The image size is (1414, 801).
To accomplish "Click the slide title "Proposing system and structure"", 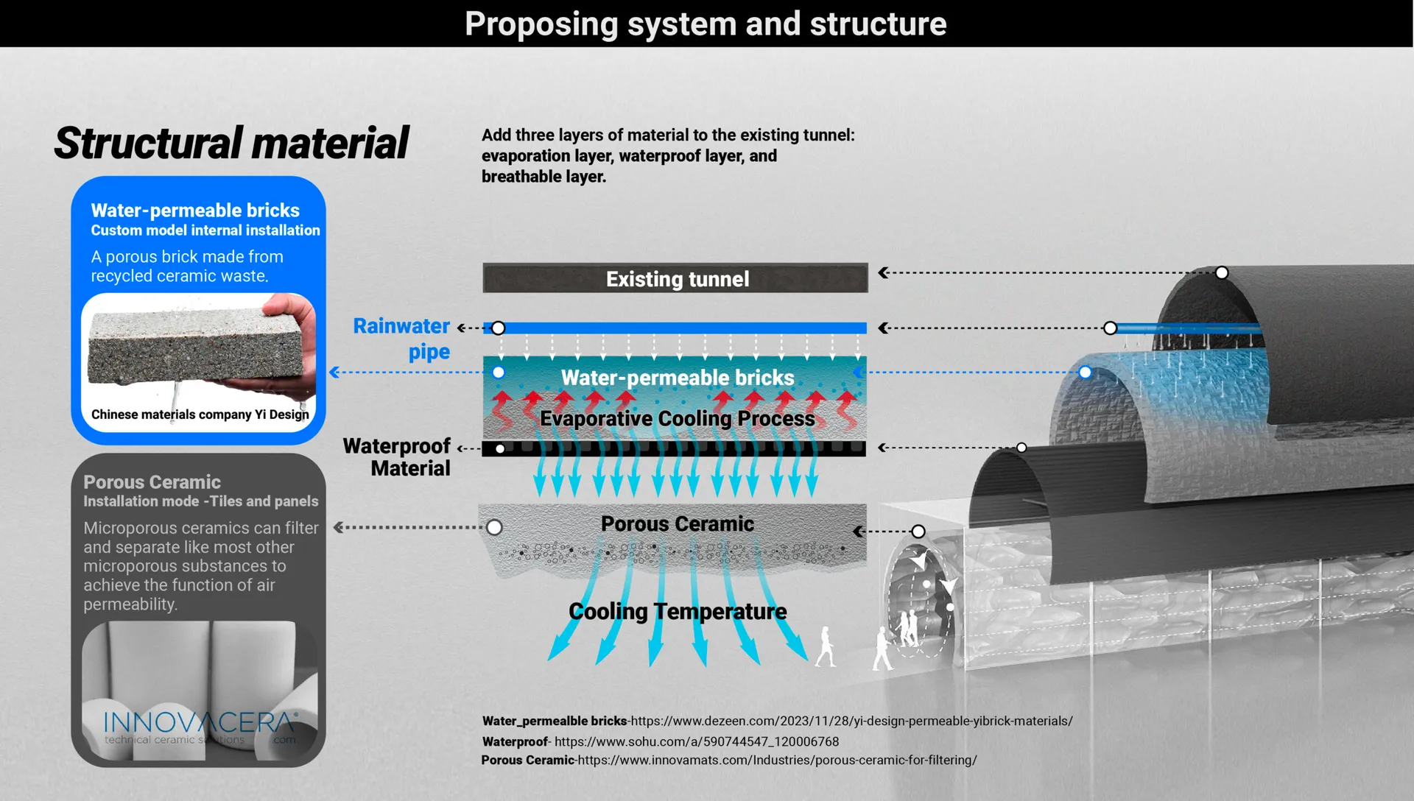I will point(705,24).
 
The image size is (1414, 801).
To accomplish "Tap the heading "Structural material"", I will point(231,143).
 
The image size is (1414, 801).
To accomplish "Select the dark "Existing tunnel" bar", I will point(675,278).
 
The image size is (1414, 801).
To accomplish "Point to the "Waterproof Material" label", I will point(398,457).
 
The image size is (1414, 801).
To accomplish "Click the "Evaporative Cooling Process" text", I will point(677,418).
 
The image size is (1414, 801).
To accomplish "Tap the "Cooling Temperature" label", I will point(678,611).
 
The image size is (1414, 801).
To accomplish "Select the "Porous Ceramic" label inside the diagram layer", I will point(677,523).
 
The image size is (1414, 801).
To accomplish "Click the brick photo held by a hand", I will point(197,346).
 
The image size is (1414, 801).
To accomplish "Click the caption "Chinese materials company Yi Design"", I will point(200,414).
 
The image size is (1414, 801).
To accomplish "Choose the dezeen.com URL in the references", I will point(851,721).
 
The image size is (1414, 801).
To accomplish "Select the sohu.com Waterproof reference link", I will point(696,741).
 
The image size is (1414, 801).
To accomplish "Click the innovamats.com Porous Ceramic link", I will point(777,760).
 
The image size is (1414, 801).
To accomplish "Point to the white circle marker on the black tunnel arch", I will point(1222,273).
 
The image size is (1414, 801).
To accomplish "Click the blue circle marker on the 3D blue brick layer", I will point(1085,373).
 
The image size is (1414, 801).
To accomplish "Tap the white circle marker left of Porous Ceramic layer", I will point(494,527).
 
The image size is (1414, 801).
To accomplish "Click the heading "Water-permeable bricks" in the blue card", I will point(195,211).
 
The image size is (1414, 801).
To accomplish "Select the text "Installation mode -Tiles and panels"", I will point(200,501).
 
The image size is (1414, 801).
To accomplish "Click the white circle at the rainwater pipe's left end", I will point(499,328).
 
